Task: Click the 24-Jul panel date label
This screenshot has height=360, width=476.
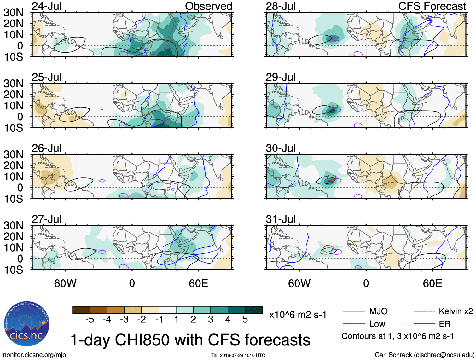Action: point(47,6)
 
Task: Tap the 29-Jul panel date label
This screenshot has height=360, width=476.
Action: point(281,77)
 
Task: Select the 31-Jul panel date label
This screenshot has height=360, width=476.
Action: point(281,219)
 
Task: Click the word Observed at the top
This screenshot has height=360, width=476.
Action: point(208,6)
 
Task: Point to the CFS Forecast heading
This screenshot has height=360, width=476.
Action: point(432,6)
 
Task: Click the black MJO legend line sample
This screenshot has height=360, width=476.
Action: point(353,311)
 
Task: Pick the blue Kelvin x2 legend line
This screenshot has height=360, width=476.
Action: point(424,311)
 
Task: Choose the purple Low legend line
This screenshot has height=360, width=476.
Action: point(353,324)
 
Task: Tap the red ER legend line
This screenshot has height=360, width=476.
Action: point(424,324)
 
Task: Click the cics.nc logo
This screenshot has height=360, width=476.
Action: point(26,324)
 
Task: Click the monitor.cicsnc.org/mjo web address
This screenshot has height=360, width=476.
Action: point(34,355)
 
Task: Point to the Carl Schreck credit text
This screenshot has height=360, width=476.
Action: point(424,355)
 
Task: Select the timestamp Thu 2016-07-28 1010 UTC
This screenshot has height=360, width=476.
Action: point(238,355)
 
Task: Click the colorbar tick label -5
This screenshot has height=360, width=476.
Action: point(90,320)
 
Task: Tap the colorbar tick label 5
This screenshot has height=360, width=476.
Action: point(245,320)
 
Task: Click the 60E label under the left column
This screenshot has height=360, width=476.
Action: point(198,283)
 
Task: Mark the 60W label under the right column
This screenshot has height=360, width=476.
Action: point(299,283)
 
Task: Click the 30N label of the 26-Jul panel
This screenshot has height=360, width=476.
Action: point(13,154)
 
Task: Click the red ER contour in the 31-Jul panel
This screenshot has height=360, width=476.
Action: point(328,247)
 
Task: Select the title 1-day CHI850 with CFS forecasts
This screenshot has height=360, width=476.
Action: point(190,340)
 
